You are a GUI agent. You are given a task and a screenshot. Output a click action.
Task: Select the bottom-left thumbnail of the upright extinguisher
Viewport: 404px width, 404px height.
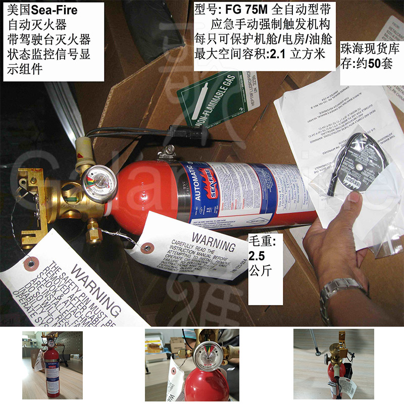52,364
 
